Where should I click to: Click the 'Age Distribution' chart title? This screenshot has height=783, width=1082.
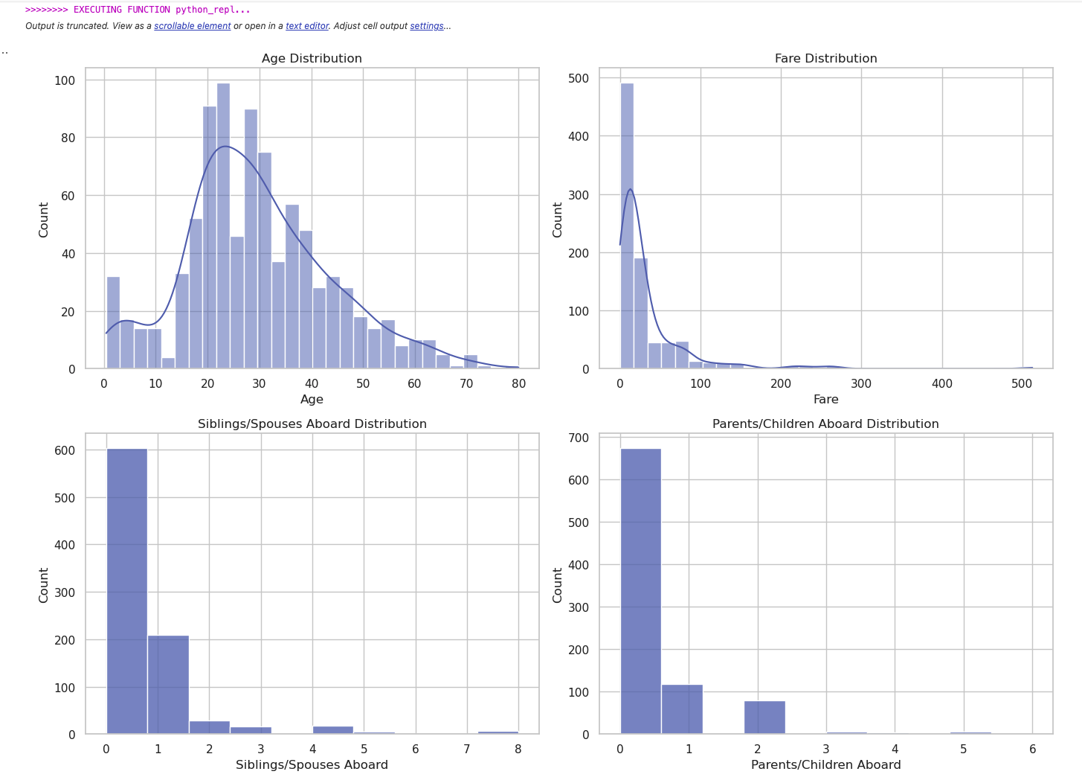click(x=312, y=59)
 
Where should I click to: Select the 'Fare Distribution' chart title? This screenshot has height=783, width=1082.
click(x=825, y=59)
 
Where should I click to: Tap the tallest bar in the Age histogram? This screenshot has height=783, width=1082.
click(x=223, y=223)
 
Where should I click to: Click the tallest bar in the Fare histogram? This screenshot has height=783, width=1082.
click(x=627, y=223)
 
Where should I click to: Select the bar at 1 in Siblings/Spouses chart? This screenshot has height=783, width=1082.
click(x=168, y=685)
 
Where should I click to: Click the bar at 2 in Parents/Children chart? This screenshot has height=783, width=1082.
click(x=764, y=718)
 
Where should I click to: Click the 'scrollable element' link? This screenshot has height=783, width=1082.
click(x=193, y=26)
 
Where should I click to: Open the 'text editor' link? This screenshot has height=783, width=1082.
click(x=307, y=26)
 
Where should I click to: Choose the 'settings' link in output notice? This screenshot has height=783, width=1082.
click(x=427, y=26)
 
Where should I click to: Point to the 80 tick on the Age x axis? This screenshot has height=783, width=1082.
click(x=518, y=384)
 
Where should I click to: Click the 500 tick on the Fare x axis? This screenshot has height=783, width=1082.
click(x=1022, y=384)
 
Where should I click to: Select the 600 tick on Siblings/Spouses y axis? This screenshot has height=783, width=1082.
click(x=65, y=450)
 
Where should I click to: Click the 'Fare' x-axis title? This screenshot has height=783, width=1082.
click(x=825, y=400)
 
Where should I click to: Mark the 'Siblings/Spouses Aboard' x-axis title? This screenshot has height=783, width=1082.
click(x=312, y=765)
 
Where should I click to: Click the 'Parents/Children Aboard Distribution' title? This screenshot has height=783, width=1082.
click(x=825, y=424)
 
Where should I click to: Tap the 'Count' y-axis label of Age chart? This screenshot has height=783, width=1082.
click(x=44, y=220)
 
